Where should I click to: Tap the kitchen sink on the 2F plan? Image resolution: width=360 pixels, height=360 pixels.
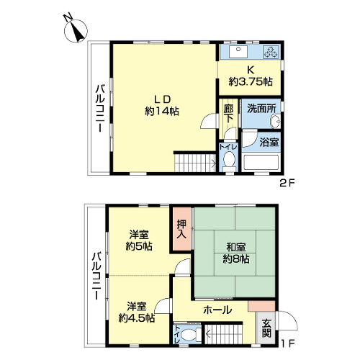point(238,52)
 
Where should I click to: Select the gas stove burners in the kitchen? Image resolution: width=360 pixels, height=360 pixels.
point(271,52)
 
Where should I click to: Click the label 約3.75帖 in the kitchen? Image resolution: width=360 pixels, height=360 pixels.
point(251,82)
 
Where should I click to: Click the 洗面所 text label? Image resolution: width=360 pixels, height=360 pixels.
point(261,109)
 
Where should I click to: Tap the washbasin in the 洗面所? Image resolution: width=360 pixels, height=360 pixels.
point(275,121)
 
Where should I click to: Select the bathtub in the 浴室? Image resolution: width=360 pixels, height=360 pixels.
point(261,163)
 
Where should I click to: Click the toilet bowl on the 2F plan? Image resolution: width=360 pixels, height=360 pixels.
point(229,160)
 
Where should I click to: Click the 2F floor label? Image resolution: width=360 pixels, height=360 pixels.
point(287,184)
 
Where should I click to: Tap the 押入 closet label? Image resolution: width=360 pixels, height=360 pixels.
point(181,229)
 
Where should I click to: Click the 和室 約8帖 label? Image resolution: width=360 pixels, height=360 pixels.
point(236,253)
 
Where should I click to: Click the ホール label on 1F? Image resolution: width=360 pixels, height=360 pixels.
point(217,310)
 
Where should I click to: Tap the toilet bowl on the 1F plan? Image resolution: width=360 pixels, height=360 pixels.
point(189,334)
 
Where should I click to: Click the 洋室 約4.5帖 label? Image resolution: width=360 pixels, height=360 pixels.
point(137,312)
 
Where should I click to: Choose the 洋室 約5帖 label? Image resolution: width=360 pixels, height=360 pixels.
point(139,240)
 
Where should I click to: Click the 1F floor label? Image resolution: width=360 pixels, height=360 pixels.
point(287,343)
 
